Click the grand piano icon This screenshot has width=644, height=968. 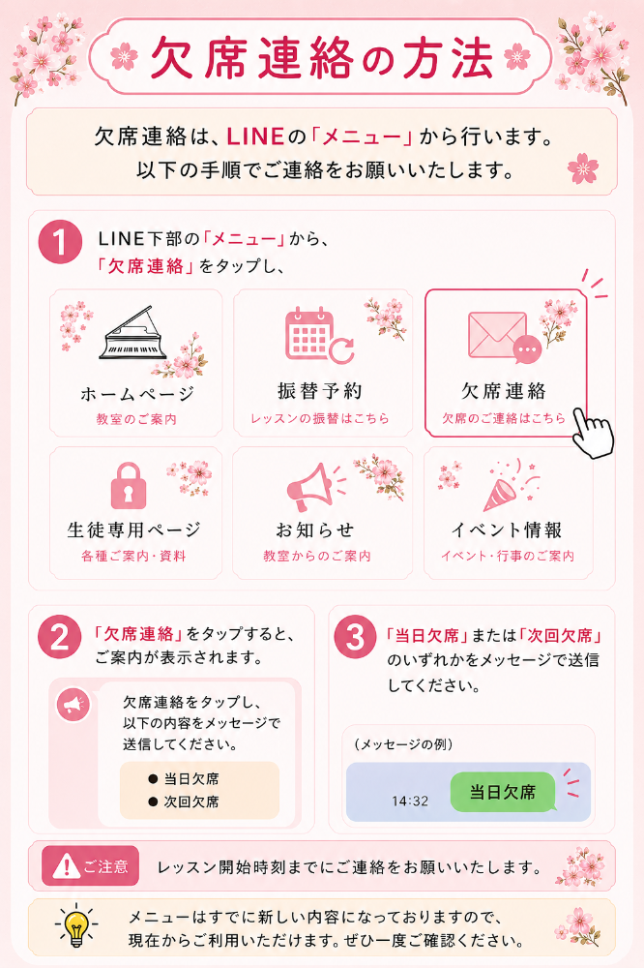(133, 333)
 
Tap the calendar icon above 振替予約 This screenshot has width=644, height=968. (319, 335)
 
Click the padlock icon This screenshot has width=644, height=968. (129, 485)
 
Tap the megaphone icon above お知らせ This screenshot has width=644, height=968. (314, 486)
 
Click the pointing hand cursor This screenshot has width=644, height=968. (592, 432)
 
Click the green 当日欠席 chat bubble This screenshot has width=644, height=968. (504, 792)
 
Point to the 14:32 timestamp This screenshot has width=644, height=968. (410, 802)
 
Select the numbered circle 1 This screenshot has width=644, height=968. (60, 242)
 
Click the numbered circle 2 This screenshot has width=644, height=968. (59, 637)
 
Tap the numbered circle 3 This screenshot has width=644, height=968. (355, 637)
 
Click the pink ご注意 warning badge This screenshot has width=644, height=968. (90, 866)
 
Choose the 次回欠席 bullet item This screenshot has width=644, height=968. (184, 802)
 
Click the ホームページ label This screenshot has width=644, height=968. (137, 394)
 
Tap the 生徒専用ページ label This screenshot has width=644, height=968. (134, 529)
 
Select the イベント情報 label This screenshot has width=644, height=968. (507, 529)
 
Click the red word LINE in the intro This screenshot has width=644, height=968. (255, 136)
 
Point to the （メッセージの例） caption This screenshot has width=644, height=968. (403, 744)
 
